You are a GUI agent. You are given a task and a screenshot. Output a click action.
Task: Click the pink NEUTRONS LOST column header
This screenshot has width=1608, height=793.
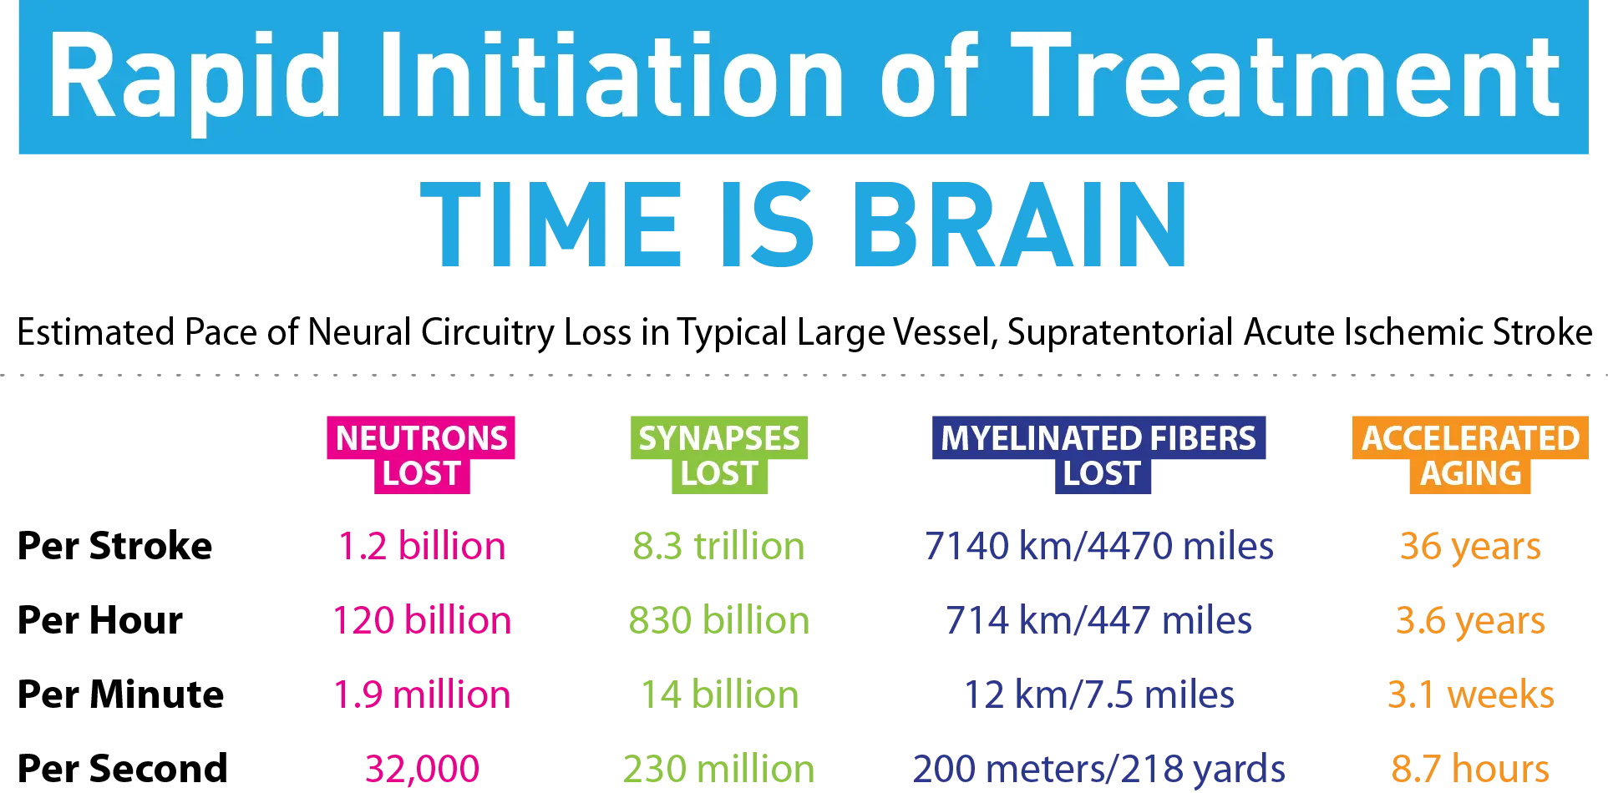pos(421,455)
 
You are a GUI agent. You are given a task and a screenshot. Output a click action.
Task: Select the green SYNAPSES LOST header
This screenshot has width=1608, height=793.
pos(719,455)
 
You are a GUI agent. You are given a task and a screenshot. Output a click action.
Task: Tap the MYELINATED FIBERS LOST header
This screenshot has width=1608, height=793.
pos(1099,455)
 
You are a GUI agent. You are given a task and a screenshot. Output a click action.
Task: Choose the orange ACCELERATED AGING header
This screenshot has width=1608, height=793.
pos(1470,455)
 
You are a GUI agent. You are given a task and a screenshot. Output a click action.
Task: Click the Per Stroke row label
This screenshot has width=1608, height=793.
pos(115,546)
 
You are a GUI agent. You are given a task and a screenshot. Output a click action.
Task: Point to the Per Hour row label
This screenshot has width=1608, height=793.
pos(100,620)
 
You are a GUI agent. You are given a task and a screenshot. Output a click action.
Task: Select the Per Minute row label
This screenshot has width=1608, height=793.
pos(121,695)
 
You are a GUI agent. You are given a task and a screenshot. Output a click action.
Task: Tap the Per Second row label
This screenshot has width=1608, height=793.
pos(123,768)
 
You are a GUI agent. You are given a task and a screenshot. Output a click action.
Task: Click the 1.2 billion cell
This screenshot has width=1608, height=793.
pos(422,546)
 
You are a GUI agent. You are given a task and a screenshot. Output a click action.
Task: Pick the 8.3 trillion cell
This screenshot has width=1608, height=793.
pos(718,546)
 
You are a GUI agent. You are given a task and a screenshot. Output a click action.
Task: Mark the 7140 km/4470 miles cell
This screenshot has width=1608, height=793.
pos(1099,546)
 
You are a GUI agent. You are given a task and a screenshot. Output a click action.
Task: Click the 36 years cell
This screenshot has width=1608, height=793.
pos(1470,547)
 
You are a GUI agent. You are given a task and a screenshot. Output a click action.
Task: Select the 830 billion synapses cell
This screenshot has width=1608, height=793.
pos(719,620)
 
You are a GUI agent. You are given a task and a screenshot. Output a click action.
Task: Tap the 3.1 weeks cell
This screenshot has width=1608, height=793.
pos(1470,695)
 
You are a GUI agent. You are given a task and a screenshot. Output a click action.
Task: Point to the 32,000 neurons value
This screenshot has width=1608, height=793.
pos(422,769)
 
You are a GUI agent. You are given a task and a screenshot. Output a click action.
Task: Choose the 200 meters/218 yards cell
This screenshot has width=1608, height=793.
pos(1099,769)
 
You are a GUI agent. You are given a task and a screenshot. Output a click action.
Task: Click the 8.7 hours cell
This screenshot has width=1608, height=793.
pos(1470,768)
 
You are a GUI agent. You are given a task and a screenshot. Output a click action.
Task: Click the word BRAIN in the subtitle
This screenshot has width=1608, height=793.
pos(1019,225)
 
